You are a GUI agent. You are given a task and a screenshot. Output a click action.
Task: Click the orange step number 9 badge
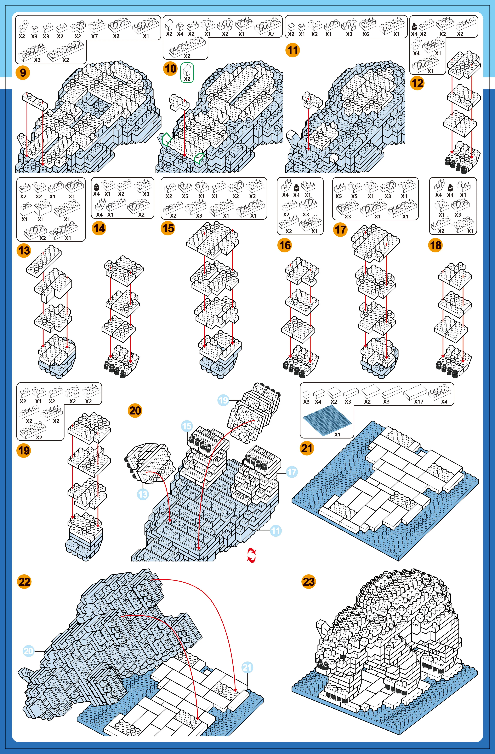pyautogui.click(x=23, y=73)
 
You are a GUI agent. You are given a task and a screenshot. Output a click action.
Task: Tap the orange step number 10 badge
pyautogui.click(x=170, y=68)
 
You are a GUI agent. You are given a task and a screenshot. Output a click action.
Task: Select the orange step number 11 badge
pyautogui.click(x=292, y=50)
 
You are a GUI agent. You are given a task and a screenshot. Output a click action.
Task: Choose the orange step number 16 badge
pyautogui.click(x=284, y=245)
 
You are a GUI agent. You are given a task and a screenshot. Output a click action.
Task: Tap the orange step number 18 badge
pyautogui.click(x=435, y=245)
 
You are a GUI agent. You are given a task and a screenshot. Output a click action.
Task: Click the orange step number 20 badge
pyautogui.click(x=135, y=411)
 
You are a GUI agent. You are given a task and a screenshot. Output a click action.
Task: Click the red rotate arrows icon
pyautogui.click(x=251, y=556)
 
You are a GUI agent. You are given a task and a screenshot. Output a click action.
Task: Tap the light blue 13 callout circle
pyautogui.click(x=143, y=494)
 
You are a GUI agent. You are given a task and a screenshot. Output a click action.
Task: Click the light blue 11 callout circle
pyautogui.click(x=276, y=531)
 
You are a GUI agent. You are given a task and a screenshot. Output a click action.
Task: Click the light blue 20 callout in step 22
pyautogui.click(x=29, y=651)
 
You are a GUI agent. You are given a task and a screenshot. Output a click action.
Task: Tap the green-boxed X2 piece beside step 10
pyautogui.click(x=187, y=73)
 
